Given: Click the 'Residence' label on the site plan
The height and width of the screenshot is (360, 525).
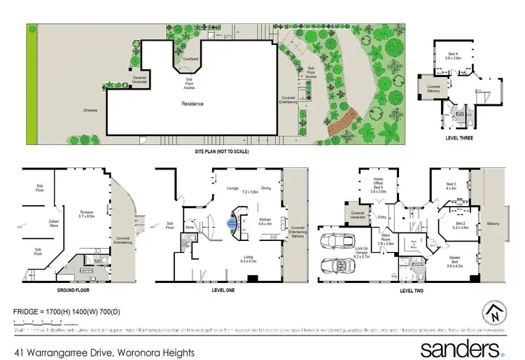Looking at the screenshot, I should click(x=193, y=104).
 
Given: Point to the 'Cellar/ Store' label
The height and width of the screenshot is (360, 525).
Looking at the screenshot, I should click(x=33, y=225).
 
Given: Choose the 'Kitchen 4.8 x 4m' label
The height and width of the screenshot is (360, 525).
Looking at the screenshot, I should click(x=265, y=221).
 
